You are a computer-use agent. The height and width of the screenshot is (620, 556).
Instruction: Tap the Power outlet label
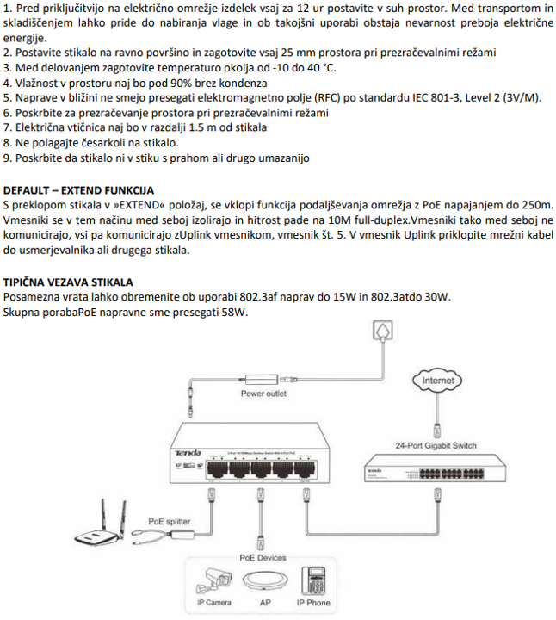click(x=263, y=394)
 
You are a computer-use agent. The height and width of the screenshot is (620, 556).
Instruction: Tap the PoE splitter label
click(x=170, y=521)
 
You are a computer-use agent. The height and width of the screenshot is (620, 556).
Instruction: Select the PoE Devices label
click(x=263, y=557)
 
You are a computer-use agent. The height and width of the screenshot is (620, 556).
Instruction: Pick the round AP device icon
click(x=265, y=582)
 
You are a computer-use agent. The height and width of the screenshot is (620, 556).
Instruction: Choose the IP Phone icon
click(x=312, y=581)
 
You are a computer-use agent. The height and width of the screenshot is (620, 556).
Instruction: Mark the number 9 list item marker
click(x=7, y=158)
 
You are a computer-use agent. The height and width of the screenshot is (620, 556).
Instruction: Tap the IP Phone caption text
click(x=313, y=603)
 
